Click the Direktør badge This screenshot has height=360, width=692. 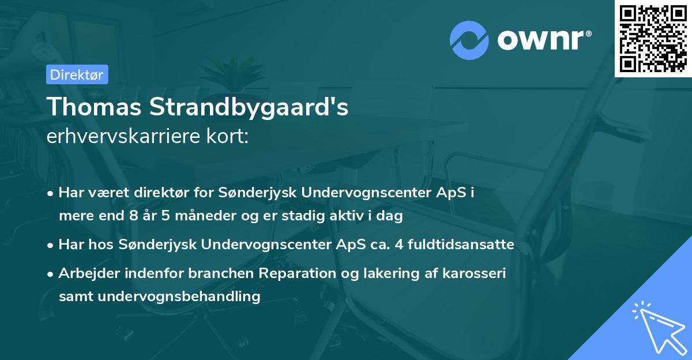(x=77, y=74)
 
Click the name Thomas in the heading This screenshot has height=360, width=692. (x=95, y=107)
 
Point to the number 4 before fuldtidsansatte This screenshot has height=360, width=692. (x=398, y=245)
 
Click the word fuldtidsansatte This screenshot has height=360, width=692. (x=461, y=245)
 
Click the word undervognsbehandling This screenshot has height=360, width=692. (x=179, y=297)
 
